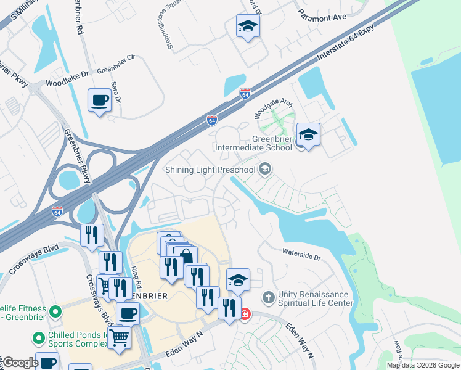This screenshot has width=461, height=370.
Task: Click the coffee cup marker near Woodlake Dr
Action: pos(99,100)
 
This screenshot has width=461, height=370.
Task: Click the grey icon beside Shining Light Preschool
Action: pos(265,169)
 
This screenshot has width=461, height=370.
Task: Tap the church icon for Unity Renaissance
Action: pos(268,298)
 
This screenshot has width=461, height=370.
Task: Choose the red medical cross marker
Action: pos(245,314)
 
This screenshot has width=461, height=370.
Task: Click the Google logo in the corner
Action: pos(20,363)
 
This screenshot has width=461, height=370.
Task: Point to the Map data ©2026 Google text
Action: pos(422,365)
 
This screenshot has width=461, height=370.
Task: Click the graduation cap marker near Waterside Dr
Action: pos(238,279)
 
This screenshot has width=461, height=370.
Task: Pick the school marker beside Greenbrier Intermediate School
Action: pos(308,134)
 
